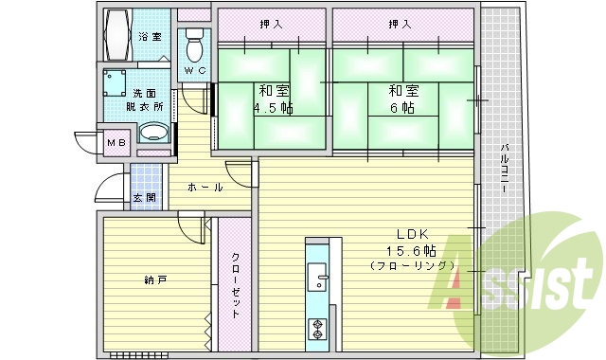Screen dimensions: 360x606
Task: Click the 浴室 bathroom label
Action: coord(150,37)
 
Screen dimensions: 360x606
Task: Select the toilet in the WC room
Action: coord(195,44)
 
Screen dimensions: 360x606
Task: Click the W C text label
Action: coord(194,71)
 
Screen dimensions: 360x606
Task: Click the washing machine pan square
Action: coord(116,83)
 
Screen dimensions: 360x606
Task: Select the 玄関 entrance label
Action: coord(144,198)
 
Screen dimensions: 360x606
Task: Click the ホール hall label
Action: coord(205,188)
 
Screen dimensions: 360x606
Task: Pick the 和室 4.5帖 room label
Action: coord(274,99)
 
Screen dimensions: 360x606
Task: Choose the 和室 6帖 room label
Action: coord(402,99)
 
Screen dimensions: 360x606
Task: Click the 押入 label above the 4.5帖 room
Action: coord(270,23)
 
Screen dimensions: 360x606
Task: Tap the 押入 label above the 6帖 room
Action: coord(401,23)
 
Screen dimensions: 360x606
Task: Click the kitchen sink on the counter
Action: coord(317,280)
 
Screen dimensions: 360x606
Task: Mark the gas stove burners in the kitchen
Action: coord(316,329)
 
